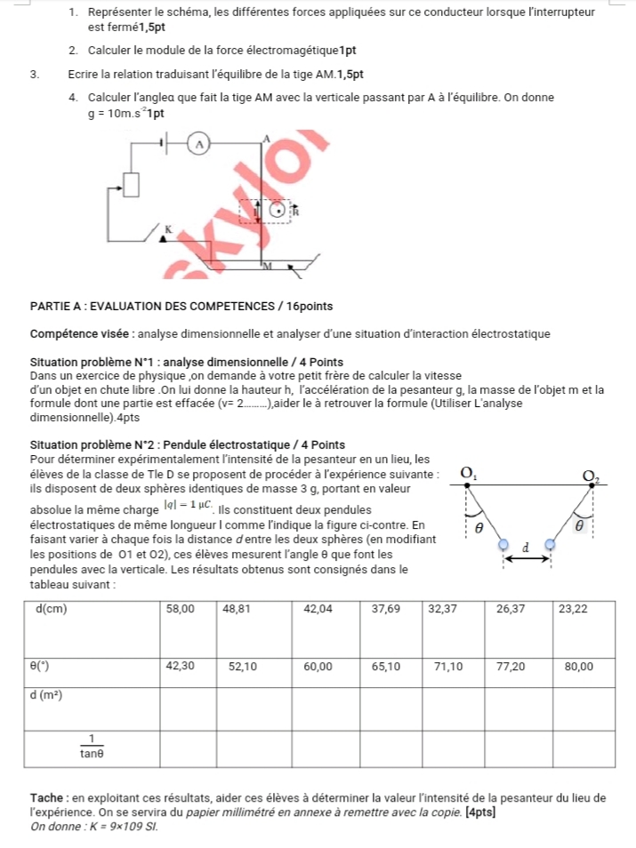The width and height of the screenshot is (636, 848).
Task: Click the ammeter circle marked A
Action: pos(200,142)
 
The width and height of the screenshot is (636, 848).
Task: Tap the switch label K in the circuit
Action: pos(165,229)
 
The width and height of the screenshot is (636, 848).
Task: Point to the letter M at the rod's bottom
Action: pos(265,265)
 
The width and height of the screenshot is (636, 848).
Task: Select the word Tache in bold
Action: pos(44,797)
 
